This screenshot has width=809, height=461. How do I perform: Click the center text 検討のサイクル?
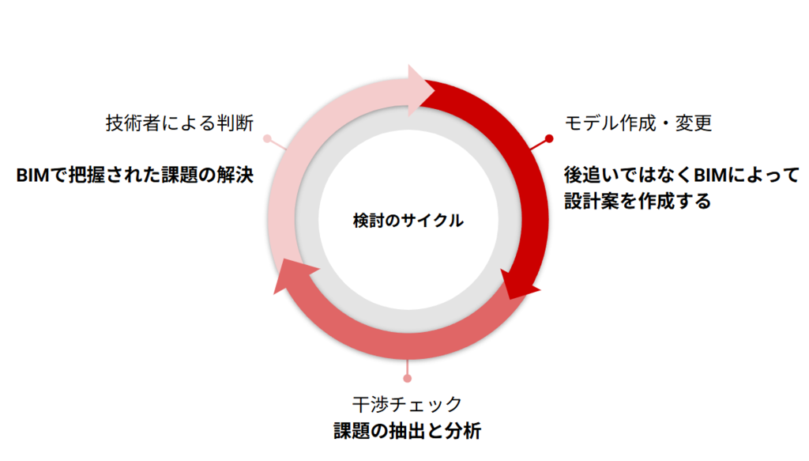point(408,221)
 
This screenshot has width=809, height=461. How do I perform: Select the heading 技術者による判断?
point(179,123)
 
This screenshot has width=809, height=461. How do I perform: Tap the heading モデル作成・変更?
point(638,123)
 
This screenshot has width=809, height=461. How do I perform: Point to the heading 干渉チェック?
point(407,404)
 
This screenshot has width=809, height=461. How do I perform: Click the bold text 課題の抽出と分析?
point(407,430)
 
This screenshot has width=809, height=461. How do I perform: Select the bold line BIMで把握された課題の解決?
point(134,175)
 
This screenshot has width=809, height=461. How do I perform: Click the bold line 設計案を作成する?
point(638,201)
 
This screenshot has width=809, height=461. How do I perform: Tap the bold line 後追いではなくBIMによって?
point(682,175)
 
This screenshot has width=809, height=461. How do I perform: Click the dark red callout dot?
point(550,138)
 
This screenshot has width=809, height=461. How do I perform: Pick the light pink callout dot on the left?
point(267,138)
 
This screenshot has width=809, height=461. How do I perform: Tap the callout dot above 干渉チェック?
point(408,379)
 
